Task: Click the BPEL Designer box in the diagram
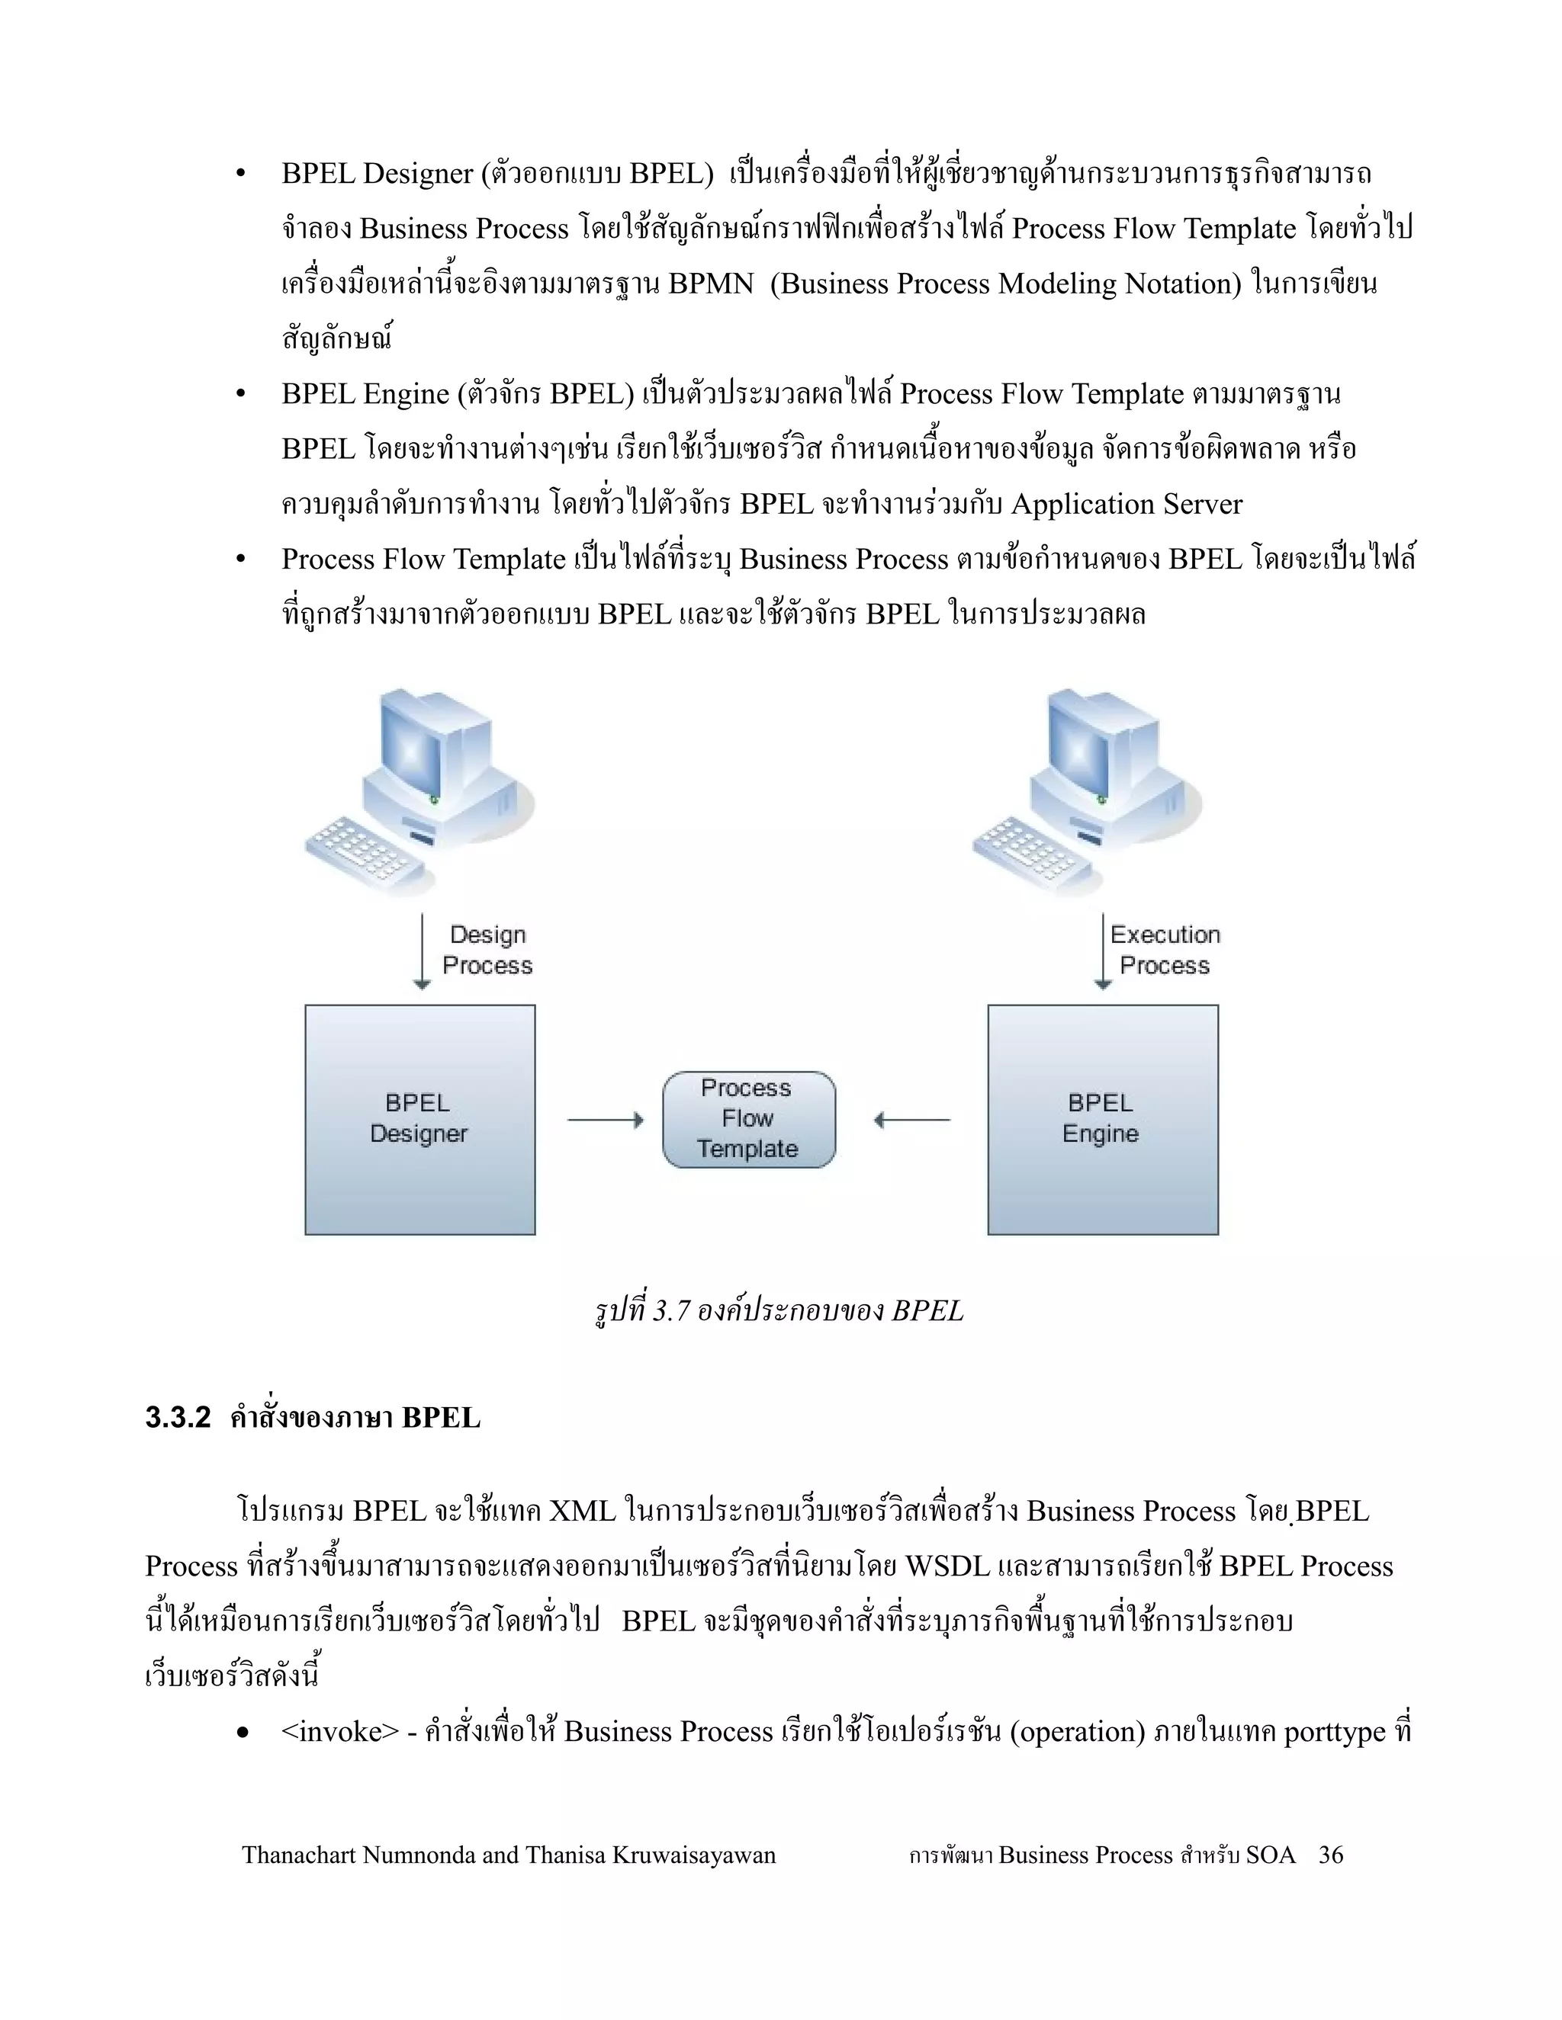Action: tap(419, 1119)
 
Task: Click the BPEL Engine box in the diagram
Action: tap(1102, 1119)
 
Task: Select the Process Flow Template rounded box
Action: tap(749, 1119)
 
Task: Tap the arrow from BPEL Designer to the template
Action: tap(605, 1120)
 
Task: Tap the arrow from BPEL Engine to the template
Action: tap(911, 1120)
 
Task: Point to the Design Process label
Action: tap(487, 950)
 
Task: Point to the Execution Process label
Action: tap(1165, 950)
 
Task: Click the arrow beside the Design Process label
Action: tap(422, 951)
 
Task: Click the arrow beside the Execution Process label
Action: tap(1103, 951)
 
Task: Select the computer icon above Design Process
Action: tap(421, 790)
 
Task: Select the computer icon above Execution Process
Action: tap(1088, 790)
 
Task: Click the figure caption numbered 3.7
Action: tap(779, 1310)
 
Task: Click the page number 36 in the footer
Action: tap(1331, 1855)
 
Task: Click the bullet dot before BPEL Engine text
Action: tap(240, 395)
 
